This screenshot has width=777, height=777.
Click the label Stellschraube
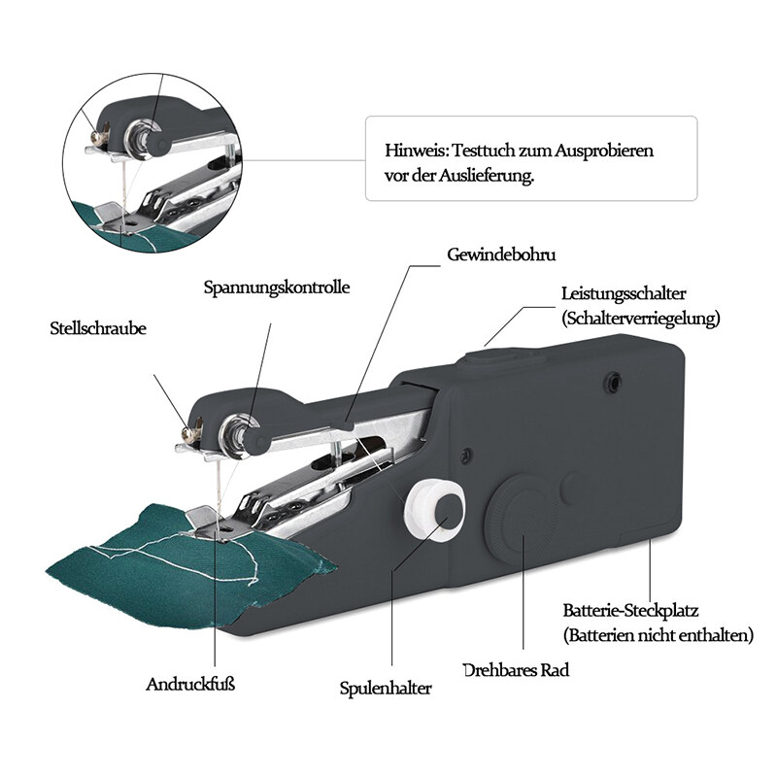pos(97,329)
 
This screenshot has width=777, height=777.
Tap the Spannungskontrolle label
pos(277,287)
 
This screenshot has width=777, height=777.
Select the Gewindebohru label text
pos(501,254)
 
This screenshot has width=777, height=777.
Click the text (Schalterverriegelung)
pos(641,318)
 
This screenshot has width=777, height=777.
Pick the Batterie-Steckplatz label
pos(630,611)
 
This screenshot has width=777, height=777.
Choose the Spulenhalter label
pos(386,689)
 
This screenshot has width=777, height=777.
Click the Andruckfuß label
pos(191,684)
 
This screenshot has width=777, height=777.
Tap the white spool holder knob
pos(432,508)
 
